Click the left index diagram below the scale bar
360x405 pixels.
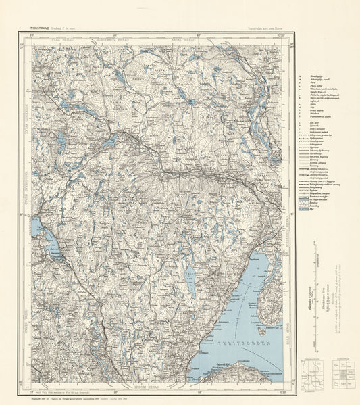point(311,375)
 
